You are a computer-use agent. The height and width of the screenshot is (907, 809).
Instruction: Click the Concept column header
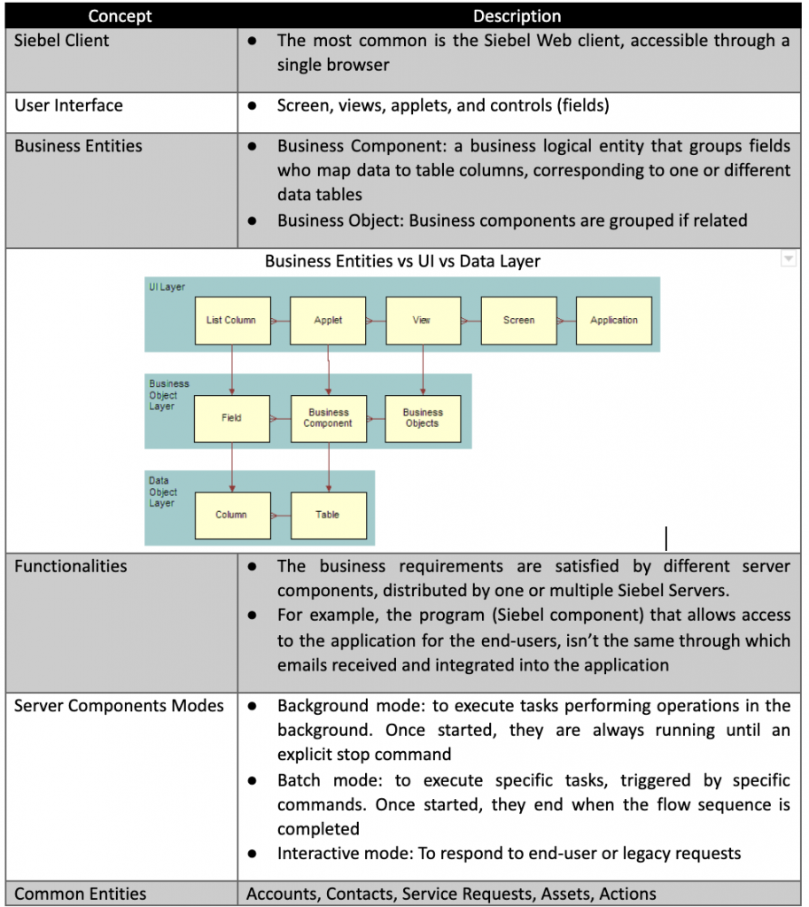120,16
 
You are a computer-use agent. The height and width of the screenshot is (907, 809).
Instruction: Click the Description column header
517,16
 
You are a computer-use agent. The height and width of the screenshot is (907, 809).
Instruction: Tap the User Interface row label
68,105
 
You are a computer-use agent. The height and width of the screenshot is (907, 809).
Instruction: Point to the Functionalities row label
71,566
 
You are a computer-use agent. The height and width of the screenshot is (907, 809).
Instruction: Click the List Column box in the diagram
231,320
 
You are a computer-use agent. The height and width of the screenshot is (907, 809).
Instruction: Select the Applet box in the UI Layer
328,320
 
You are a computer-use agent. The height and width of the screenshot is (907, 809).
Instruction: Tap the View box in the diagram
423,320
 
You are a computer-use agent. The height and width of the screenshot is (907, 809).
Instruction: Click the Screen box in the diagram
518,320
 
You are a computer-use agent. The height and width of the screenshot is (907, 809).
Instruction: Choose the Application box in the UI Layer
614,320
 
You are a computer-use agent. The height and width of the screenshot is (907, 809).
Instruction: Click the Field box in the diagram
231,418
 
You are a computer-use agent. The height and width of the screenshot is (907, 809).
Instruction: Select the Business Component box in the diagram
328,418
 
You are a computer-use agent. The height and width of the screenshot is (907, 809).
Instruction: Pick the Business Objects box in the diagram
423,418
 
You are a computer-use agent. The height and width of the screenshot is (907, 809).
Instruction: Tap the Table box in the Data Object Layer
328,515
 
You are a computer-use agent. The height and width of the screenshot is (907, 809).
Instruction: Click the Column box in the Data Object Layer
231,515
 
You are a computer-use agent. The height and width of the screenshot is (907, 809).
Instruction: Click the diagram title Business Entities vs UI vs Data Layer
402,261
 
